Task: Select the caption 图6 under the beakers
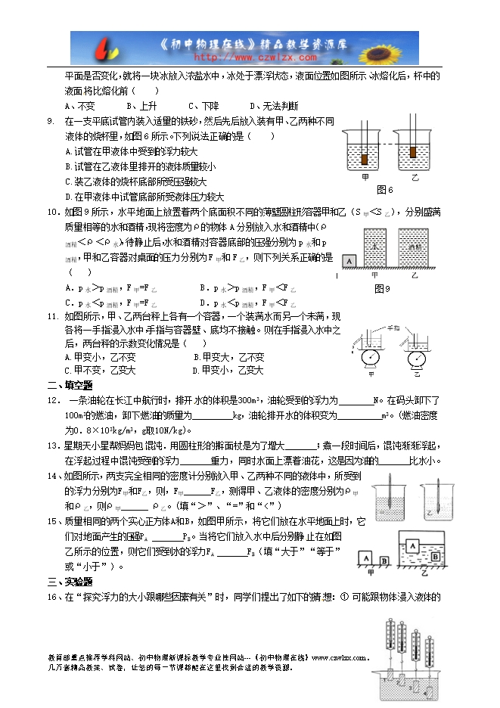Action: pyautogui.click(x=385, y=189)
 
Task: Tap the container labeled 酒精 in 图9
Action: pyautogui.click(x=415, y=248)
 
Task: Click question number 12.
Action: pyautogui.click(x=54, y=399)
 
